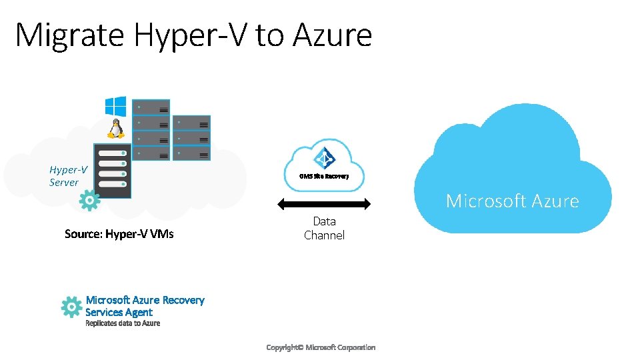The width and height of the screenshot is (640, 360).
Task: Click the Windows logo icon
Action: tap(115, 107)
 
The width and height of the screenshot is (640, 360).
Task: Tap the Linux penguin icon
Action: tap(117, 128)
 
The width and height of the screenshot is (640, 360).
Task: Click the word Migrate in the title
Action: tap(70, 35)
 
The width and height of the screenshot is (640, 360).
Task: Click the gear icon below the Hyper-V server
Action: tap(89, 200)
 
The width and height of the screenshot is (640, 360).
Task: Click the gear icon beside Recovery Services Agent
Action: tap(71, 307)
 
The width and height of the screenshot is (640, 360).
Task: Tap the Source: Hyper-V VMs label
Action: tap(119, 234)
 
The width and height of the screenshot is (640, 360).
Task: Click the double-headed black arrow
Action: tap(323, 204)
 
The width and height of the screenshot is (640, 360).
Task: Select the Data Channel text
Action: tap(324, 228)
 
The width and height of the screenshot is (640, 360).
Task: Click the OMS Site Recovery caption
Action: tap(324, 177)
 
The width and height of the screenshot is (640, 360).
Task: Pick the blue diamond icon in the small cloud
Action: tap(325, 159)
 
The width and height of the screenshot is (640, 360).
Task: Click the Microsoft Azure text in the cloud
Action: tap(512, 201)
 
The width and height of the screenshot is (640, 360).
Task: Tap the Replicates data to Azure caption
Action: tap(123, 323)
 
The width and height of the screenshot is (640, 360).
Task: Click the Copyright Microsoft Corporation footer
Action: tap(321, 347)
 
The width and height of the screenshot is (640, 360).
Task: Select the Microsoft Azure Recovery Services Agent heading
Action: tap(145, 306)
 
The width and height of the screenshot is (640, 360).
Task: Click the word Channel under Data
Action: tap(324, 235)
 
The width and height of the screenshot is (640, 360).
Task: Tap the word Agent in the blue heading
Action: tap(137, 312)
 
